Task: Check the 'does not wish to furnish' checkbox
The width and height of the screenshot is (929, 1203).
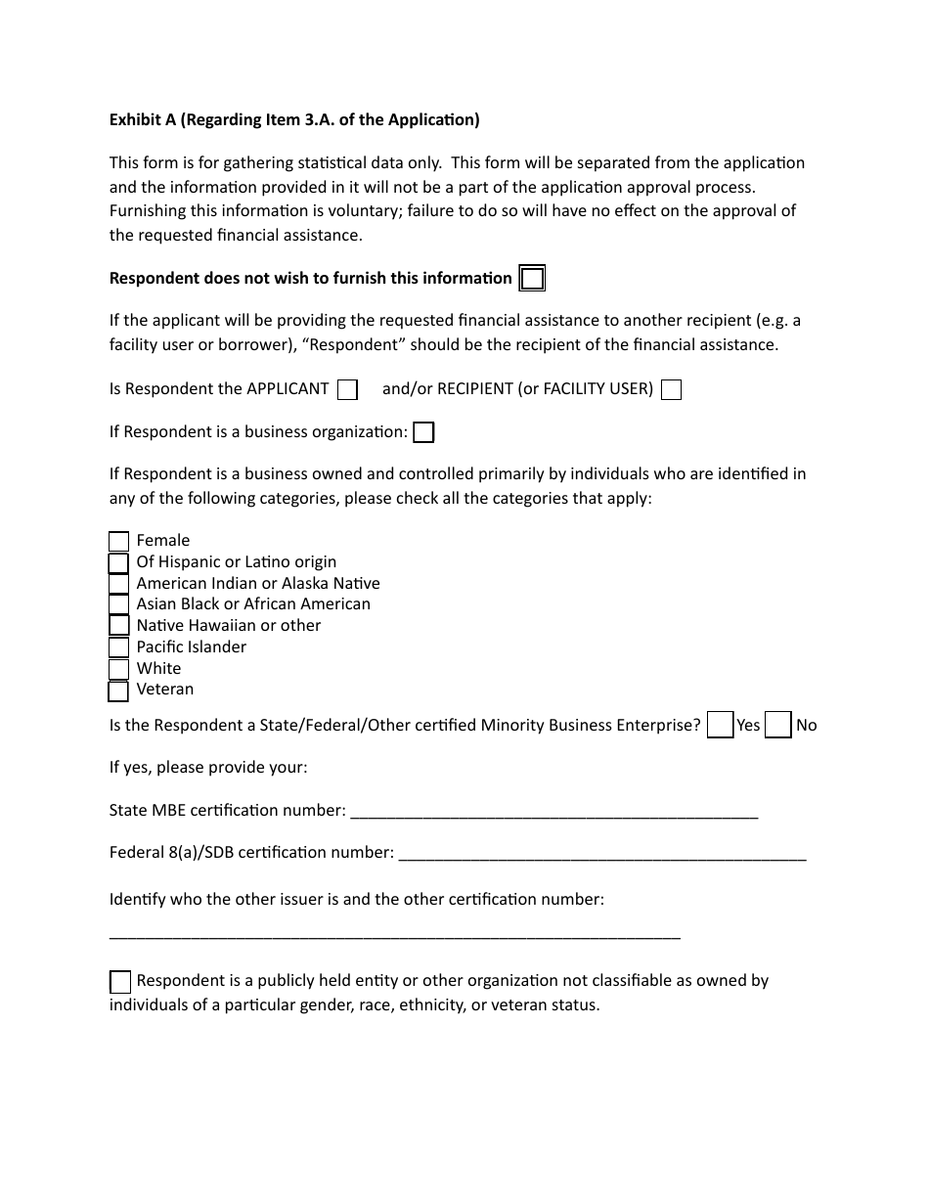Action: [x=532, y=279]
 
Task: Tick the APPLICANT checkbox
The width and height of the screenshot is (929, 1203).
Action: [x=347, y=390]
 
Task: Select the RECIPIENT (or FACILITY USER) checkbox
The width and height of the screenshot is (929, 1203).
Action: [x=671, y=390]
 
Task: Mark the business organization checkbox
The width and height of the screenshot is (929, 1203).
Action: [x=423, y=432]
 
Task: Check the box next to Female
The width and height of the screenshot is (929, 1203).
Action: [x=118, y=542]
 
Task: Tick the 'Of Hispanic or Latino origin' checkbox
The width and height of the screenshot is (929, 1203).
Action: [x=118, y=563]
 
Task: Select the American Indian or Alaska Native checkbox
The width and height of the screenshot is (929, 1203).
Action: [x=118, y=584]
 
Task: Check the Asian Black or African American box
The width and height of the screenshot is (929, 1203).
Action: [x=118, y=605]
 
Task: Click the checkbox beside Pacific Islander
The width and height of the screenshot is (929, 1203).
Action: [x=118, y=647]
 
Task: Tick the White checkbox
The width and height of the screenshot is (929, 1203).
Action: [x=118, y=669]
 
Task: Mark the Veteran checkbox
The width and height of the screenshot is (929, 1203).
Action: [x=118, y=691]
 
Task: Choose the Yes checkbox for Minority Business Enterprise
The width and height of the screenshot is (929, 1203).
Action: [x=720, y=725]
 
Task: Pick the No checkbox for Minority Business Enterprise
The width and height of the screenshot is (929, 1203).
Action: [x=778, y=725]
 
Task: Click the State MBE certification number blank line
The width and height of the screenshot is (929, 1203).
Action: [x=553, y=812]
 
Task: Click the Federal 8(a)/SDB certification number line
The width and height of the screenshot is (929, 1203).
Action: [x=602, y=854]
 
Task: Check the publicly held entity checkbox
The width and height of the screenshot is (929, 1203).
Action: [x=119, y=982]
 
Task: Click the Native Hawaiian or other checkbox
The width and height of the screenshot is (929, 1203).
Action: [x=118, y=626]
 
